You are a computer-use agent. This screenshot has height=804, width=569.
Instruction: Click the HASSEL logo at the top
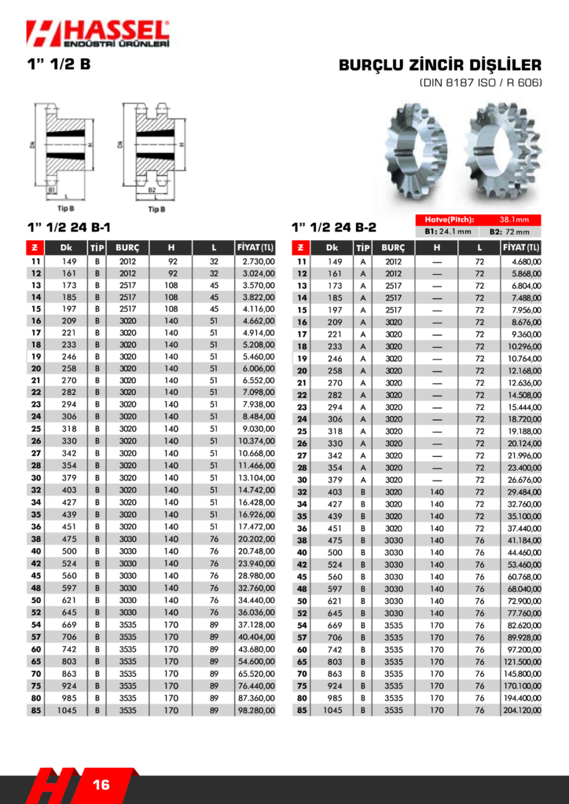(x=97, y=35)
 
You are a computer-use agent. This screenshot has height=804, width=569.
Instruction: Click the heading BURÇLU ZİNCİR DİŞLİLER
(x=440, y=65)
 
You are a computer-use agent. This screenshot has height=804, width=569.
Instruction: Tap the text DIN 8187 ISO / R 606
(x=480, y=82)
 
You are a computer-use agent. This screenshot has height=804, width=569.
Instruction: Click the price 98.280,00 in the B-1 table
(x=256, y=710)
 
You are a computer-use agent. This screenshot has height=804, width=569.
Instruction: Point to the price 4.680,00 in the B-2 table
(x=524, y=261)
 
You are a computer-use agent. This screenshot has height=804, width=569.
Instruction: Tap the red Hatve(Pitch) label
(x=449, y=220)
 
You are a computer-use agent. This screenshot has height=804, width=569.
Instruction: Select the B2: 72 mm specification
(x=509, y=232)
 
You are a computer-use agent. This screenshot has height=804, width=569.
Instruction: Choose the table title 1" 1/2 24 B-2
(x=333, y=227)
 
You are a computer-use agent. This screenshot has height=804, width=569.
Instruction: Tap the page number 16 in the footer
(x=101, y=784)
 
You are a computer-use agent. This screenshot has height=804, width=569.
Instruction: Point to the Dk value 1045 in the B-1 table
(x=66, y=710)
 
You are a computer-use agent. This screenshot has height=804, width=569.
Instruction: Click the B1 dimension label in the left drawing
(x=52, y=190)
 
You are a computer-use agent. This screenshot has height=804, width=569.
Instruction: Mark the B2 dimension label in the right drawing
(x=152, y=190)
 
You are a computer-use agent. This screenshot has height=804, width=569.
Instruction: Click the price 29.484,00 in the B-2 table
(x=523, y=492)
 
